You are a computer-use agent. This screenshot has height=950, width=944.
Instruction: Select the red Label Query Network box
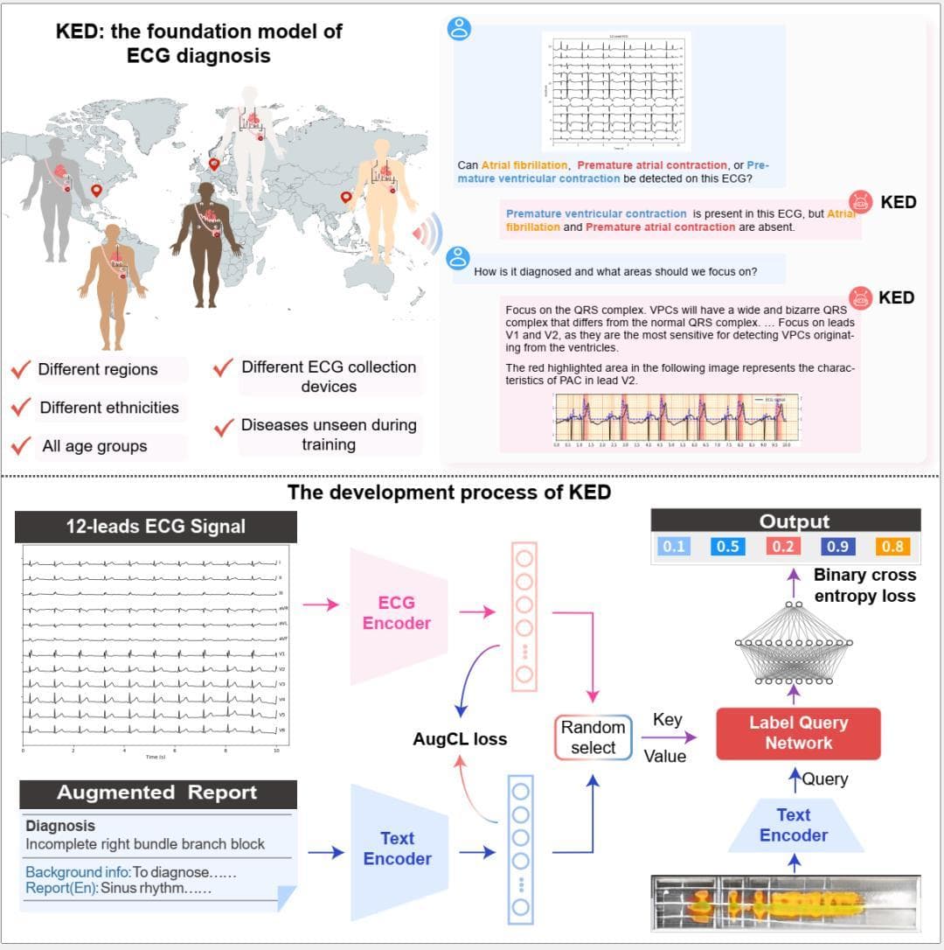(x=798, y=733)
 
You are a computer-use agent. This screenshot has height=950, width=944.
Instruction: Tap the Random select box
(x=593, y=737)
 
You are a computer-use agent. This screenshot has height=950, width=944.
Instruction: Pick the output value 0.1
(x=674, y=547)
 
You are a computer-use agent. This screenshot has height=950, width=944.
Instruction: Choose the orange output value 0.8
(x=892, y=547)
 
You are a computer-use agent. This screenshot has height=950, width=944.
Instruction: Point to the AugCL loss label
(x=460, y=739)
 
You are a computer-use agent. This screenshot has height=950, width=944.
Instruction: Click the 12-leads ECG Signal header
(x=156, y=527)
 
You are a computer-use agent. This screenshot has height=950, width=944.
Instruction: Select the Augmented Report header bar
(x=157, y=793)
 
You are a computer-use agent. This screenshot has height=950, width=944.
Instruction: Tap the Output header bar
(x=794, y=521)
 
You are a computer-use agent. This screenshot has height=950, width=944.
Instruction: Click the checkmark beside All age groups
(x=22, y=446)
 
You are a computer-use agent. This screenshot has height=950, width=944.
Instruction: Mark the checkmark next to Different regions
(x=22, y=369)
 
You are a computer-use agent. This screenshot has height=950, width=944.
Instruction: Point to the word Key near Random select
(x=668, y=720)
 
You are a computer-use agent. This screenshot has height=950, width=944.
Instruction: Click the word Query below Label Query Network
(x=825, y=779)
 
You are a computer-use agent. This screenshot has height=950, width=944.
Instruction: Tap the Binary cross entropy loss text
(x=864, y=586)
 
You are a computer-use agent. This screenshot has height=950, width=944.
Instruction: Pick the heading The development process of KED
(x=449, y=492)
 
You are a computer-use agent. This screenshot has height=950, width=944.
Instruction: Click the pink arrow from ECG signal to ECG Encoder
(x=319, y=604)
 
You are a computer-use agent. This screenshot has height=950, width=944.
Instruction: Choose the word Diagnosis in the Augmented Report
(x=60, y=826)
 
